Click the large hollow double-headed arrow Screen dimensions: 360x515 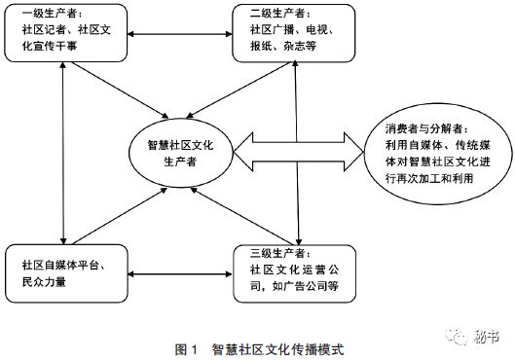[x=296, y=151]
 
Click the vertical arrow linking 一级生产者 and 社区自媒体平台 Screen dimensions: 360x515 [x=63, y=155]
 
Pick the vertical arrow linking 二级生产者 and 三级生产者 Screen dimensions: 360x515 [x=298, y=155]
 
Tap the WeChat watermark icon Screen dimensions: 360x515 [x=457, y=337]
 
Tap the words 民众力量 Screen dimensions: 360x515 [x=43, y=281]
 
